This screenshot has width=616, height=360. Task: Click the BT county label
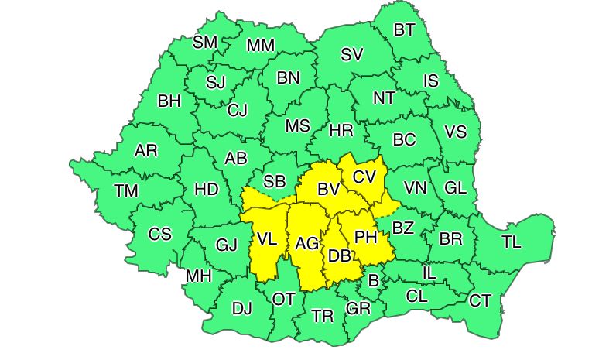coord(404,30)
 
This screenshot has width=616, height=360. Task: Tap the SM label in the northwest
coord(205,43)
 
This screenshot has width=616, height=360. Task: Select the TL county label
coord(511,242)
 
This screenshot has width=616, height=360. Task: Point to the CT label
coord(481,300)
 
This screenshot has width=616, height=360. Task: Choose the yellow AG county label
coord(307,244)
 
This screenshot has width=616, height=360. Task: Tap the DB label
coord(339,255)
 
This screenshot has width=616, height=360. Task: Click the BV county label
coord(330,188)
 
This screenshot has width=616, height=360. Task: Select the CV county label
coord(364,177)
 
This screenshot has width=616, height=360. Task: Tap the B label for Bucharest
coord(373,280)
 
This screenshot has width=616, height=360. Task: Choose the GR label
coord(358,309)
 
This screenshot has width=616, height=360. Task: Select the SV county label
coord(352,54)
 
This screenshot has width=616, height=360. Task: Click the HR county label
coord(341,131)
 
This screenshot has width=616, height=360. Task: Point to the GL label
coord(457,188)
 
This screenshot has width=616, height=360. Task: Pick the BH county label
coord(169,101)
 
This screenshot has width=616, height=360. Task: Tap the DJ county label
coord(242,309)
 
